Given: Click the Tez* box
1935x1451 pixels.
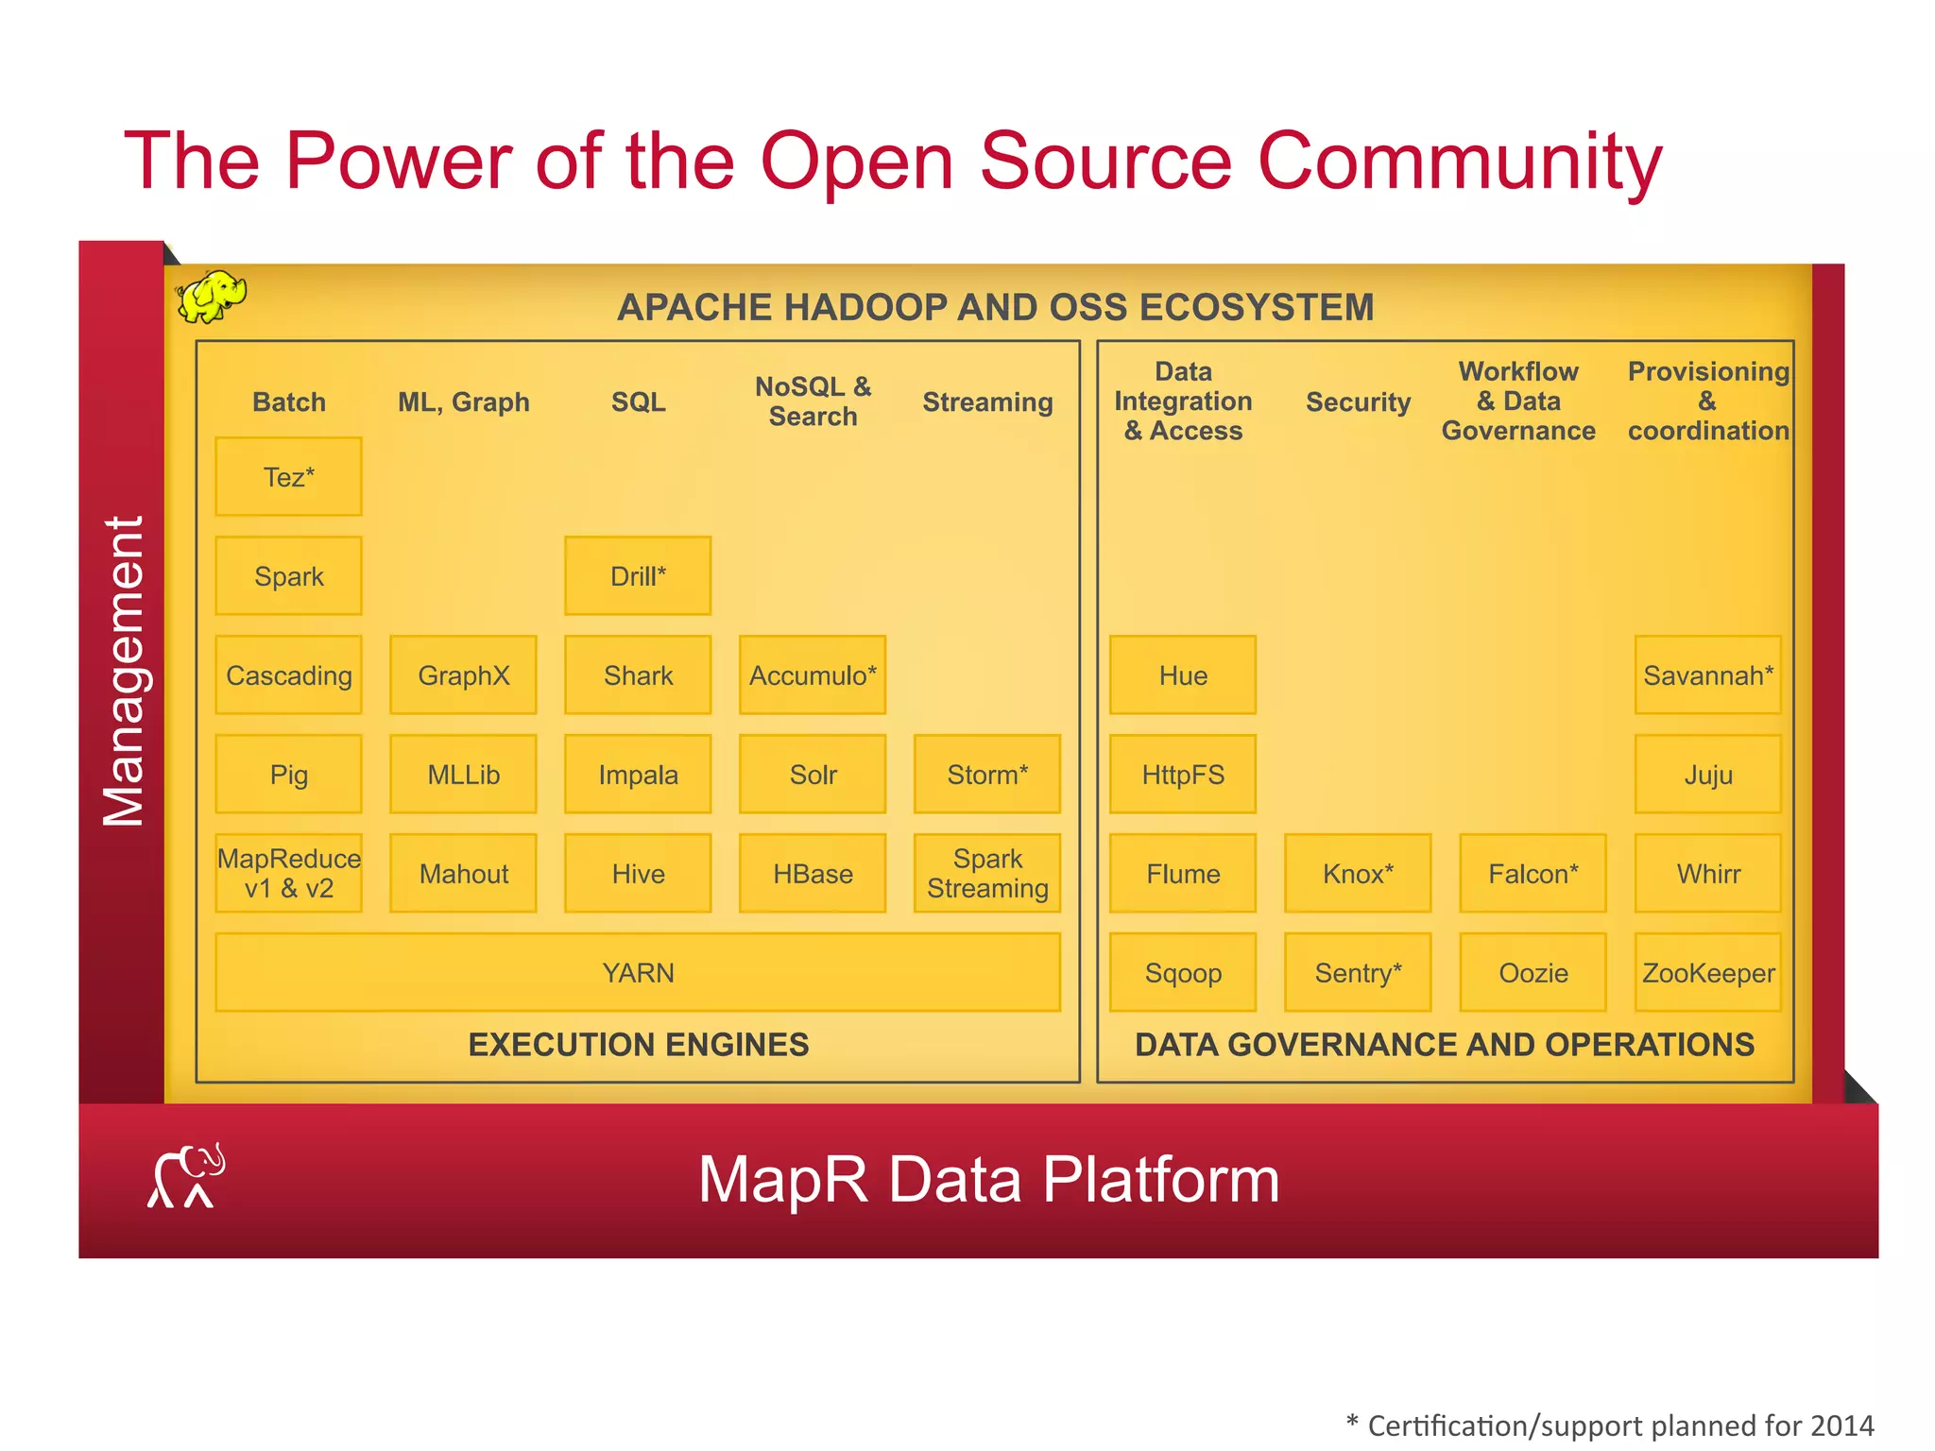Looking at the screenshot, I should [x=288, y=476].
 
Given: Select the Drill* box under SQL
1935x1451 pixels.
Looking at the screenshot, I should [x=638, y=575].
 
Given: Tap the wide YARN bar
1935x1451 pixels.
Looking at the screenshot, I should [x=638, y=972].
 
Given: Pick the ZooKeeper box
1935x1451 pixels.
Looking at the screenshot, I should [x=1707, y=972].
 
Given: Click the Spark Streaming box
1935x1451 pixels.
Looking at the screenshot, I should [x=987, y=873].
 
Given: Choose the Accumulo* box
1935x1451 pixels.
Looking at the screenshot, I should [x=813, y=674].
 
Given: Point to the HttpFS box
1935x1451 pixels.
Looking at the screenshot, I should [x=1183, y=774].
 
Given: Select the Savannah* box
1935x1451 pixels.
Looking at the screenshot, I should [x=1707, y=674].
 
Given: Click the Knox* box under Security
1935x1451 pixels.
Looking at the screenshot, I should [x=1358, y=873].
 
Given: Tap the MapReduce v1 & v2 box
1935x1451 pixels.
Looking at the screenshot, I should [x=288, y=873].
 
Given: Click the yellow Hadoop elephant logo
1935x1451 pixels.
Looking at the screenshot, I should [x=212, y=297].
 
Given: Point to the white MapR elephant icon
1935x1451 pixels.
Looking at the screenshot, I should [x=186, y=1177].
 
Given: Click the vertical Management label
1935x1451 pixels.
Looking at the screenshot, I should [x=124, y=671].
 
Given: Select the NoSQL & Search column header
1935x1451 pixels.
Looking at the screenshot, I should [x=813, y=401].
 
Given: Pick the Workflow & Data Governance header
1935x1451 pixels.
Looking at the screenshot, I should [x=1517, y=401].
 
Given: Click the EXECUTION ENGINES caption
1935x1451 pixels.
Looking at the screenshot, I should [x=638, y=1044].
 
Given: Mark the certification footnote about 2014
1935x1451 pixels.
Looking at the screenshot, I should [x=1610, y=1425].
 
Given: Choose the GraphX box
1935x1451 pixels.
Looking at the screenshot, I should [x=463, y=674].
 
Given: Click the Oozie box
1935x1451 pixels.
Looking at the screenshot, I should [x=1533, y=972].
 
